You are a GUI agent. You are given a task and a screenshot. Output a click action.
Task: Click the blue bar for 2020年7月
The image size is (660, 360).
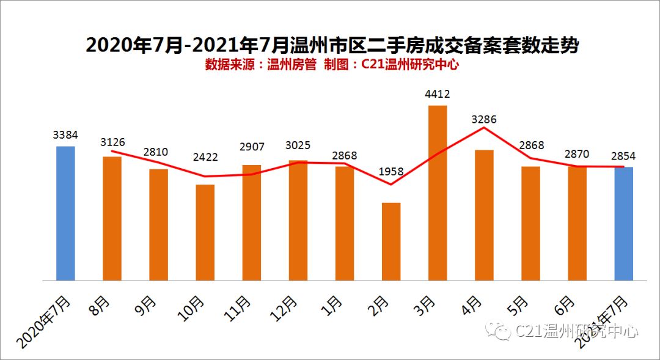[65, 213]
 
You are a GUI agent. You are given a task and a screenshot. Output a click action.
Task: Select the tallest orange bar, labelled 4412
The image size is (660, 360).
[438, 193]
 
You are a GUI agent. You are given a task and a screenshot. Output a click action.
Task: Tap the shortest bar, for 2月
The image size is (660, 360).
[391, 241]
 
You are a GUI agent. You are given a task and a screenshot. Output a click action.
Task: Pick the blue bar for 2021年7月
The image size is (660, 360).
[624, 223]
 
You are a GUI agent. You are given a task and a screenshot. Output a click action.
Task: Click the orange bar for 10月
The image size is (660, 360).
[205, 232]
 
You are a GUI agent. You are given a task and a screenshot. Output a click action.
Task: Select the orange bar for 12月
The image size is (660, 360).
[298, 220]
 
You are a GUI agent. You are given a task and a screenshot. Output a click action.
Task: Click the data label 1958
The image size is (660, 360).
[391, 172]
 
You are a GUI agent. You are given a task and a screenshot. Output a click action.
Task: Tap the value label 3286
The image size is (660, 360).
[484, 119]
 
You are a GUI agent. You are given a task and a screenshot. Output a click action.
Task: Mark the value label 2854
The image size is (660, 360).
[623, 156]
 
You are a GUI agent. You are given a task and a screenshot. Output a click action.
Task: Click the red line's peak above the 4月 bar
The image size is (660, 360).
[484, 128]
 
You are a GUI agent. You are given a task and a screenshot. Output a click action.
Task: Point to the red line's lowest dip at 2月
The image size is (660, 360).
[391, 184]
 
